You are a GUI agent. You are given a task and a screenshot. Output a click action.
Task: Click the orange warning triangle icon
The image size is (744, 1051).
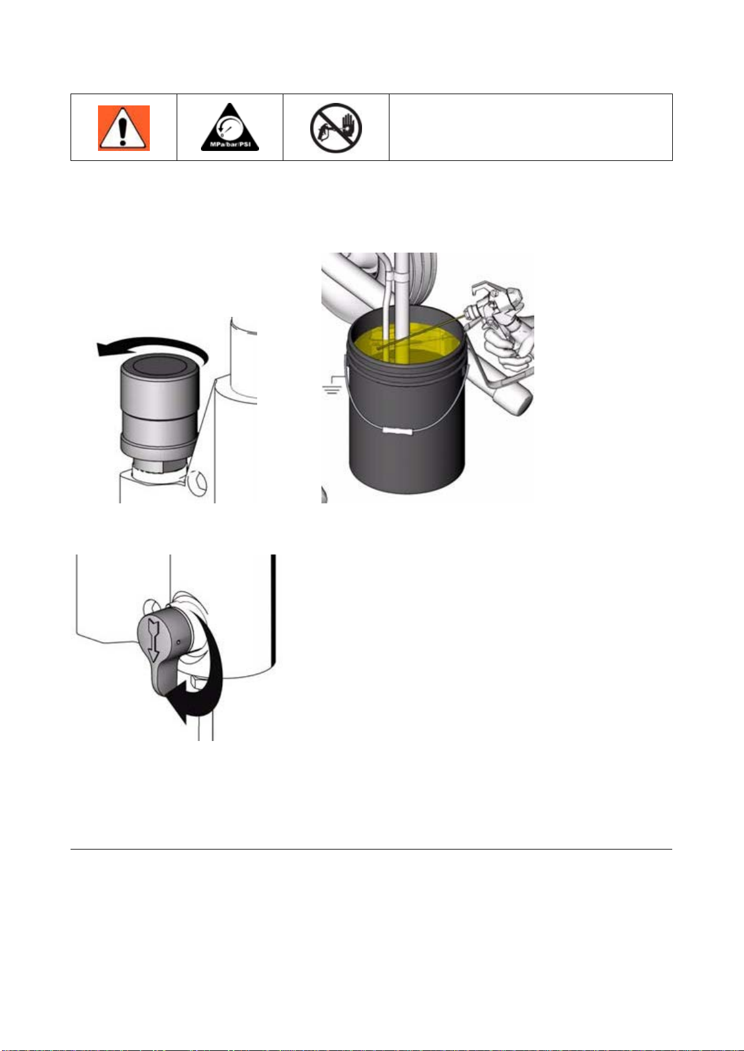click(x=124, y=128)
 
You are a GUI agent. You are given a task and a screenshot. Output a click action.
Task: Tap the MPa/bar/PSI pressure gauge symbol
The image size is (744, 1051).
click(x=230, y=127)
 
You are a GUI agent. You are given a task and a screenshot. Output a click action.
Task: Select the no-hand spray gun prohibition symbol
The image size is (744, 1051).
click(x=336, y=128)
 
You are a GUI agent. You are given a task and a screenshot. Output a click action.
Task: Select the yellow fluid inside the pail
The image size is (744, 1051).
click(x=406, y=345)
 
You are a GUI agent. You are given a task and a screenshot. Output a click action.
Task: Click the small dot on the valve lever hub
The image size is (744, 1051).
click(x=178, y=641)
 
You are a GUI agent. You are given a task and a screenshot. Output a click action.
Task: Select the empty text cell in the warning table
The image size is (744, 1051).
click(x=531, y=127)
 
